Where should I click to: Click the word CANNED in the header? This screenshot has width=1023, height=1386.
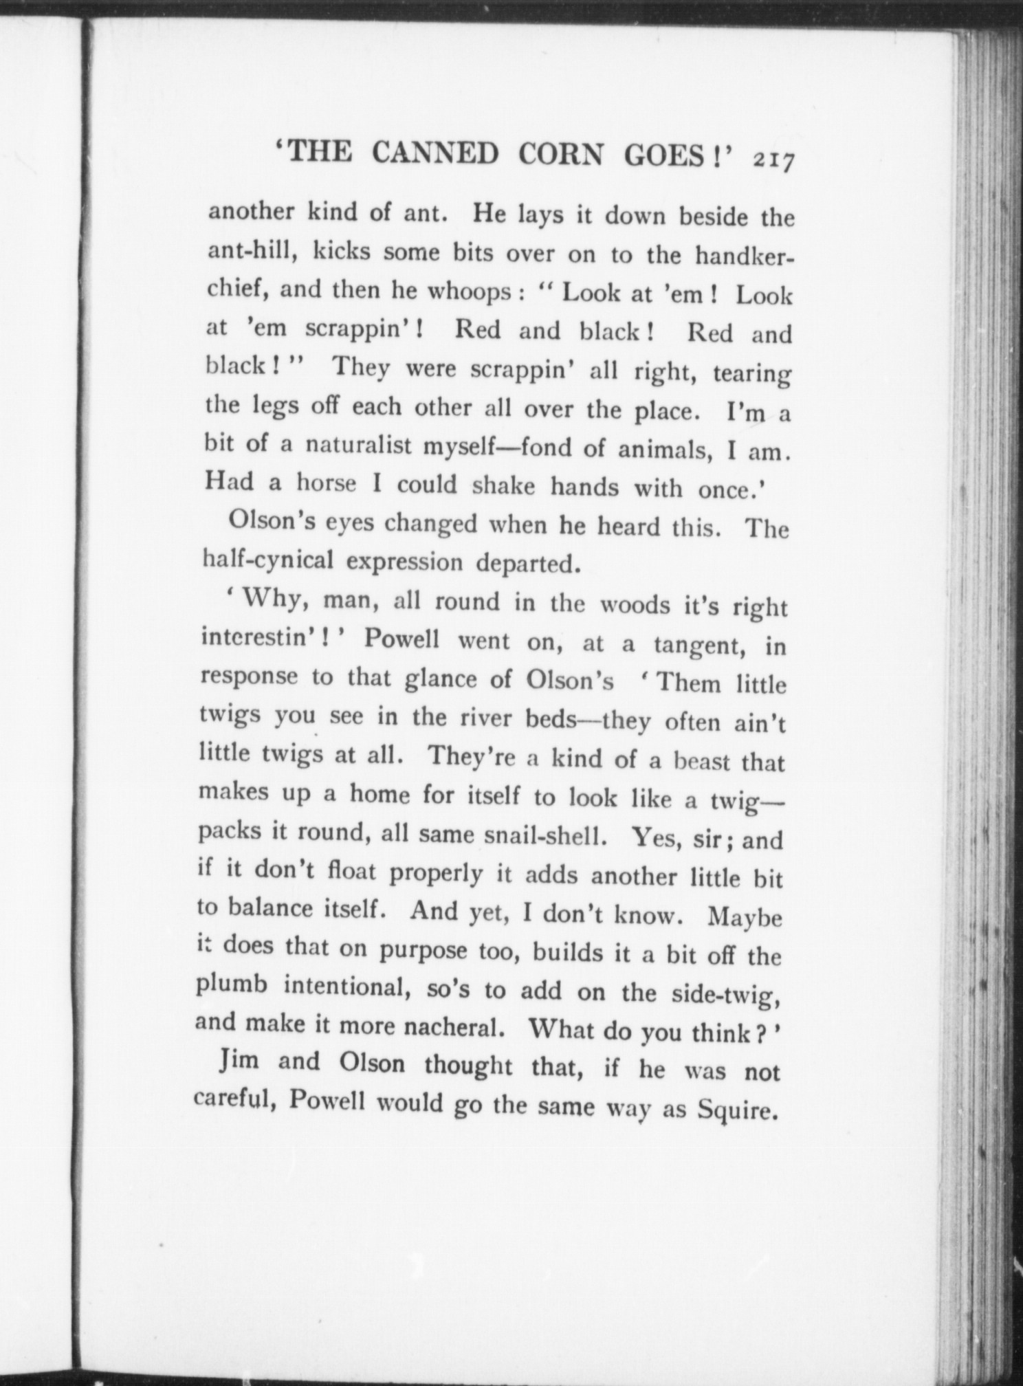point(435,154)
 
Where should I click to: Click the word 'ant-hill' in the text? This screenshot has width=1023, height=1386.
point(252,252)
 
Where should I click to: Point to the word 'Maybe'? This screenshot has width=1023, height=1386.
point(745,918)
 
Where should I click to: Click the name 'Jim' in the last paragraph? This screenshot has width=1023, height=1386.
point(239,1061)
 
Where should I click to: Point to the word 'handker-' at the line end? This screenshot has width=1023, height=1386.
point(744,256)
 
